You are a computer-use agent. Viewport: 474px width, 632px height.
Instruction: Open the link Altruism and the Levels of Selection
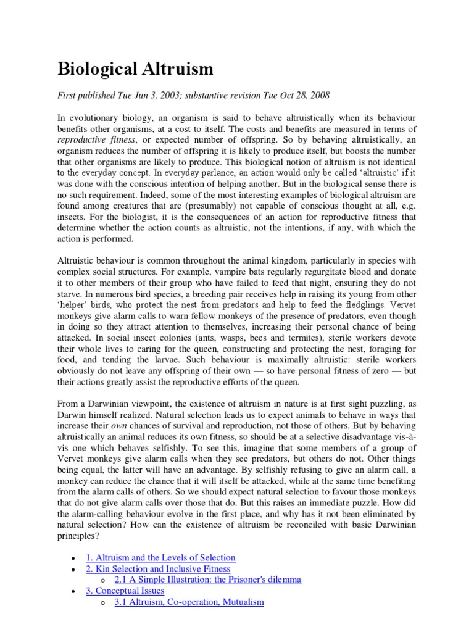pos(160,557)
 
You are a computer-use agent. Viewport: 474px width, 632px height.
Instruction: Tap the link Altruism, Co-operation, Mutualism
pos(189,602)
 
